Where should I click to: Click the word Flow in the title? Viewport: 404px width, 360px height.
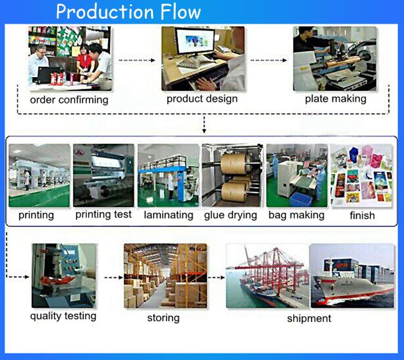coord(180,12)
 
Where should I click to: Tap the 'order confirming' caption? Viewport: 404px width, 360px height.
coord(69,100)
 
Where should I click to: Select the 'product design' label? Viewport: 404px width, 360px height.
coord(202,99)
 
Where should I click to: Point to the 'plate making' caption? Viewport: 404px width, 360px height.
coord(336,99)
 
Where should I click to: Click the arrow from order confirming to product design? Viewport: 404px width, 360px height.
coord(137,60)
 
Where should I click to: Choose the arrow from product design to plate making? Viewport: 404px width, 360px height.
coord(269,60)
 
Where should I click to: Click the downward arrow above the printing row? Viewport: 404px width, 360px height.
coord(204,125)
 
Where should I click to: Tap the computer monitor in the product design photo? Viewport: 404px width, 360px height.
coord(195,42)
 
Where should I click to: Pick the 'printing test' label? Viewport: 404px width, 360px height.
coord(103,215)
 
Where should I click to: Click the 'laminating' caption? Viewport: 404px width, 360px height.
coord(168,215)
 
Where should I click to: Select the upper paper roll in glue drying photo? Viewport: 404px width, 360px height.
coord(234,164)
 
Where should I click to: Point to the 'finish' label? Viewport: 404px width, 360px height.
coord(362,215)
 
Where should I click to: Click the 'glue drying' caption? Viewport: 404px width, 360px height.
coord(231,215)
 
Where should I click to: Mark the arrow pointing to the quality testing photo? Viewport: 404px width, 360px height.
coord(17,277)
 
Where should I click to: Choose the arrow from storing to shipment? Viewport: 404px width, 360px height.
coord(216,277)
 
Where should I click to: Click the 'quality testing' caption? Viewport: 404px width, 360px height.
coord(63,316)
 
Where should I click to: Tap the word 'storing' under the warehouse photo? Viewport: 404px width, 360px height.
coord(163,318)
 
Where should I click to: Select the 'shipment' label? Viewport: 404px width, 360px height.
coord(309,318)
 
